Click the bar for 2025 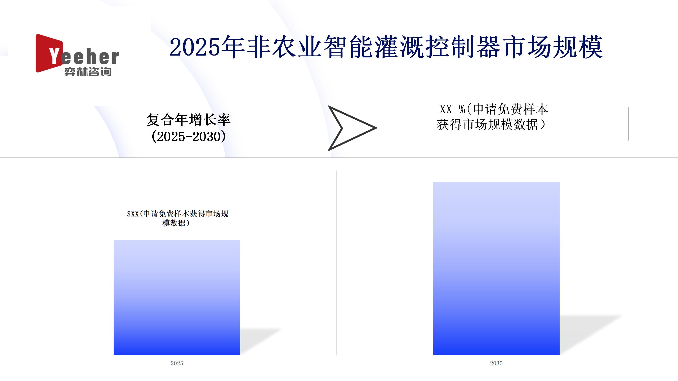[x=177, y=297]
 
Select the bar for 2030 [x=496, y=269]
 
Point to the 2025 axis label [x=177, y=363]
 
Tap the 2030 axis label [x=496, y=363]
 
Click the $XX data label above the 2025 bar [x=177, y=218]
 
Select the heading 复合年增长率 [x=189, y=120]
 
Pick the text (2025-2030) [x=189, y=137]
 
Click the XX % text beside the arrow [x=452, y=109]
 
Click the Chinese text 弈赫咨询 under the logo [x=88, y=72]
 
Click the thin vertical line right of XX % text [x=629, y=124]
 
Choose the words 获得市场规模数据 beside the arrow [x=487, y=124]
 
